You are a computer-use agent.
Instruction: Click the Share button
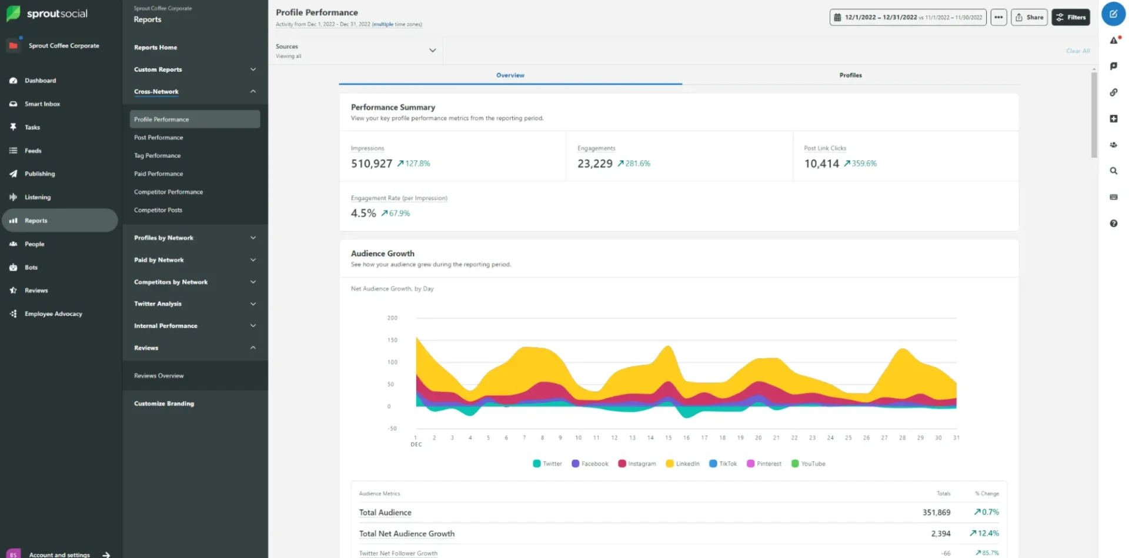click(1029, 17)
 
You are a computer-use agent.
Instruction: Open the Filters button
click(1071, 17)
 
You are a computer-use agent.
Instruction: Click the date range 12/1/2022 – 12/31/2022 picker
click(907, 17)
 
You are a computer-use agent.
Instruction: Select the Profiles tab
click(850, 75)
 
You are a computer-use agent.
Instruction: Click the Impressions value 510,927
click(371, 163)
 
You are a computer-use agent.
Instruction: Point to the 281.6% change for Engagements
click(637, 163)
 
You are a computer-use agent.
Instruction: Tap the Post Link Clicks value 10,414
click(821, 163)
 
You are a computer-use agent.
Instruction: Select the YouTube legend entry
click(809, 464)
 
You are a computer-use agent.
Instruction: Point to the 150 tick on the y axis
click(392, 340)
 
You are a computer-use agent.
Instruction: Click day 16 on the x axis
click(686, 437)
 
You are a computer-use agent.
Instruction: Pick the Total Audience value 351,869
click(936, 513)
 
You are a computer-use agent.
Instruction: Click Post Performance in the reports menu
click(158, 138)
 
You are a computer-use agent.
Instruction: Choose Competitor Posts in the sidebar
click(158, 210)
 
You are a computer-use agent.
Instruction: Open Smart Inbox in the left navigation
click(42, 104)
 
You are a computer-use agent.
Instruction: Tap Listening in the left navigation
click(37, 197)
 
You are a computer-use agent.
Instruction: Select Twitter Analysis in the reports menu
click(158, 304)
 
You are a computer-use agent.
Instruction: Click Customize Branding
click(164, 403)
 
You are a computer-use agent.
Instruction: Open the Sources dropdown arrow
click(432, 51)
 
